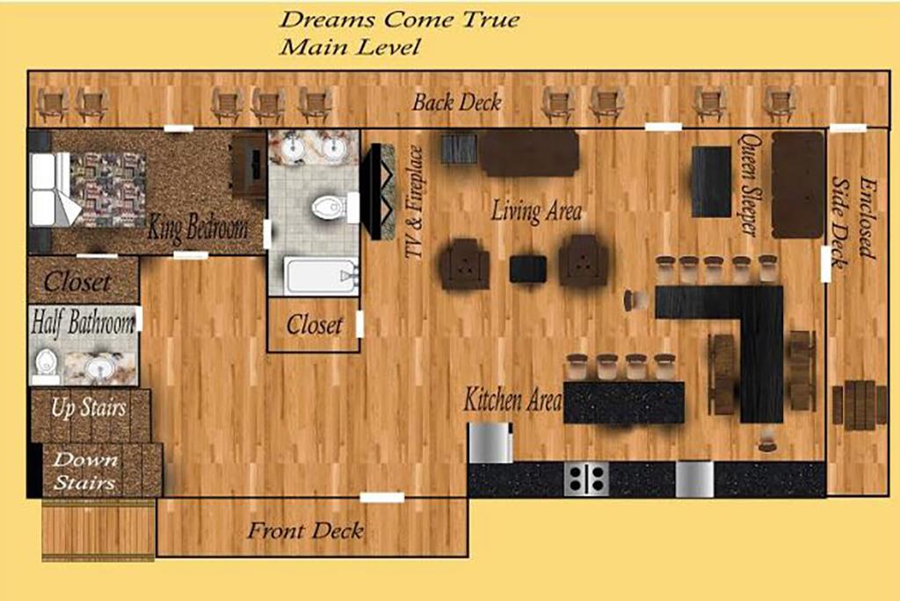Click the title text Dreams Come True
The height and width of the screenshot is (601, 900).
(400, 19)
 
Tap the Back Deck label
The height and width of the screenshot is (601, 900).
(457, 102)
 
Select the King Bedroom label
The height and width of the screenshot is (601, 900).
(198, 227)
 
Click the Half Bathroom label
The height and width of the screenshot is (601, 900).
(83, 322)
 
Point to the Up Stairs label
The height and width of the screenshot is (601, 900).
(89, 407)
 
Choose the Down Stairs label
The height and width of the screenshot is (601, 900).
(85, 471)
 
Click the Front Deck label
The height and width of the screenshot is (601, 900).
(305, 530)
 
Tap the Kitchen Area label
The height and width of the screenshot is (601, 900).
(512, 399)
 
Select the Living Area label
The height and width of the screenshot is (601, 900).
(536, 211)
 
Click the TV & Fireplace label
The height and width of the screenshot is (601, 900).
(414, 202)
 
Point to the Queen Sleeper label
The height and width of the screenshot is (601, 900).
(749, 185)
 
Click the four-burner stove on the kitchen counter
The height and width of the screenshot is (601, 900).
(584, 478)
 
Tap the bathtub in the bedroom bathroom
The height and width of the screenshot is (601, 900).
(321, 276)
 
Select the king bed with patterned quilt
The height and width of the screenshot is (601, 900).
(88, 189)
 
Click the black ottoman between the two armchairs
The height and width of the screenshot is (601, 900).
(528, 269)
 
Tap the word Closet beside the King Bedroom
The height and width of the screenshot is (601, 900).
(77, 282)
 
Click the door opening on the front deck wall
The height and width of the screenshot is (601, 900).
(381, 497)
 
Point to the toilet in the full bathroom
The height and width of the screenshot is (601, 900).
(331, 208)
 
